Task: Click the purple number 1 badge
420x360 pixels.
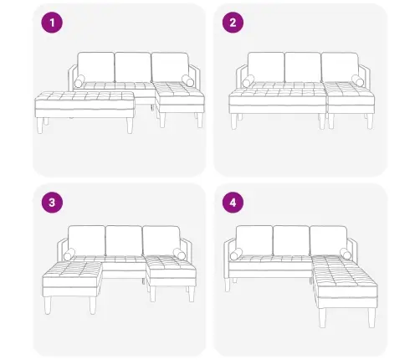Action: pyautogui.click(x=54, y=23)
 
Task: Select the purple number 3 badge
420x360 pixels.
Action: pyautogui.click(x=54, y=203)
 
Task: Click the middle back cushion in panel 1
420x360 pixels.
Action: pyautogui.click(x=131, y=67)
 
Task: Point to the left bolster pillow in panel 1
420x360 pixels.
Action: pyautogui.click(x=80, y=82)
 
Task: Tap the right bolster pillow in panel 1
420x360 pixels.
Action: pyautogui.click(x=186, y=81)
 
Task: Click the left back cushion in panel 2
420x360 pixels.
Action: pyautogui.click(x=266, y=67)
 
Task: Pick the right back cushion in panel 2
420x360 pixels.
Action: pyautogui.click(x=338, y=67)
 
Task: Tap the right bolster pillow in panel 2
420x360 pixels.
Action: pyautogui.click(x=357, y=80)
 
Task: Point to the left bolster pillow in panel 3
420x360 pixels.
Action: pyautogui.click(x=69, y=255)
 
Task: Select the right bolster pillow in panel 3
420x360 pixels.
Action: pyautogui.click(x=177, y=255)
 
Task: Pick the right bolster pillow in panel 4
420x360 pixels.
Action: pyautogui.click(x=346, y=255)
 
